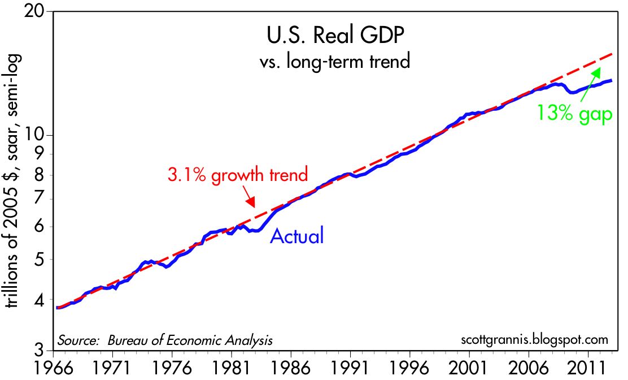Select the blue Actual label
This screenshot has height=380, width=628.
pos(297,235)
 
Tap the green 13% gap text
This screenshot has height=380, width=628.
pos(574,115)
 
